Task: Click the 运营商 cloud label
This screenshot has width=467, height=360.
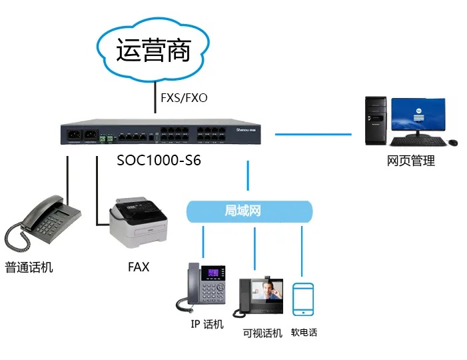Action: (x=154, y=51)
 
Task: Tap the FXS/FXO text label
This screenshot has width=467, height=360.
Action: (x=185, y=98)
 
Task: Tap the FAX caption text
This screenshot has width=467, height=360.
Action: (x=139, y=267)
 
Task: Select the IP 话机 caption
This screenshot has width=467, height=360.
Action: (x=206, y=325)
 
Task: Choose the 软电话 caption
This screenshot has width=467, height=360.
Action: (x=304, y=332)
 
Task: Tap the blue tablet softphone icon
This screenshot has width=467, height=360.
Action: (x=303, y=299)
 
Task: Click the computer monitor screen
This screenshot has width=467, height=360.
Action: (x=418, y=115)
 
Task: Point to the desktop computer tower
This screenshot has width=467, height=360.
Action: (x=375, y=121)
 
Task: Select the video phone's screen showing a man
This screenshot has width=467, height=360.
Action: (x=270, y=293)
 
